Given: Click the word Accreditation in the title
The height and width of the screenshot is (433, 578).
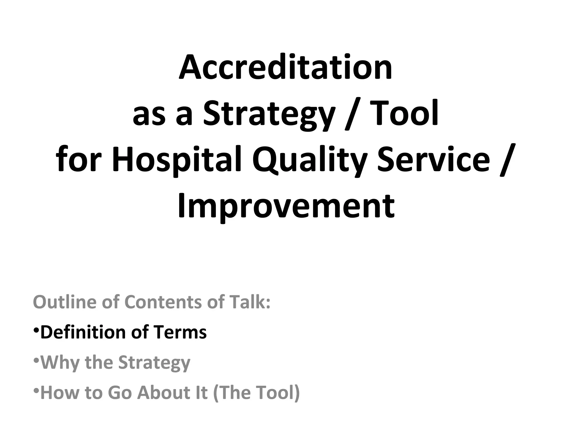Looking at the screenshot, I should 285,67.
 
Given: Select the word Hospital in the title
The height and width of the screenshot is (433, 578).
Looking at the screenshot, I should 177,159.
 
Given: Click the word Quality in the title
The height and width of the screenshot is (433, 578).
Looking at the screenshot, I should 309,159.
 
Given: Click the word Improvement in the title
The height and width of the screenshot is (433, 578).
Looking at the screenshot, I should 286,206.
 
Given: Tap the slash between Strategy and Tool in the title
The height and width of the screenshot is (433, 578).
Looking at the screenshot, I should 351,114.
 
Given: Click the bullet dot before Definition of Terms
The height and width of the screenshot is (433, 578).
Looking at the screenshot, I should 36,330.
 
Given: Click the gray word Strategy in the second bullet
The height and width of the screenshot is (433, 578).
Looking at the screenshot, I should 154,363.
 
